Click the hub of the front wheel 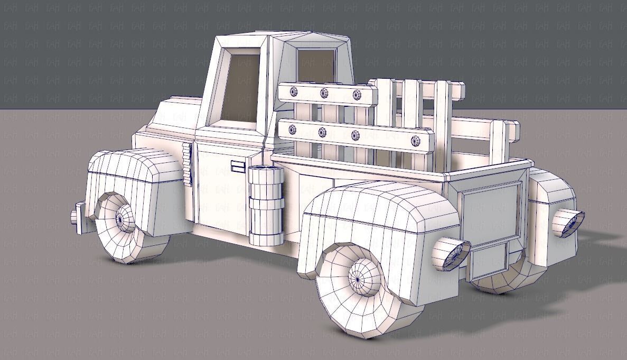coord(125,217)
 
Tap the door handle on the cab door coord(238,168)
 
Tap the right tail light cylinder coord(567,222)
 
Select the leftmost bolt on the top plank coord(294,92)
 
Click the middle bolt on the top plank coord(323,94)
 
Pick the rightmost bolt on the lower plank coord(416,141)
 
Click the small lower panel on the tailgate coord(489,261)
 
